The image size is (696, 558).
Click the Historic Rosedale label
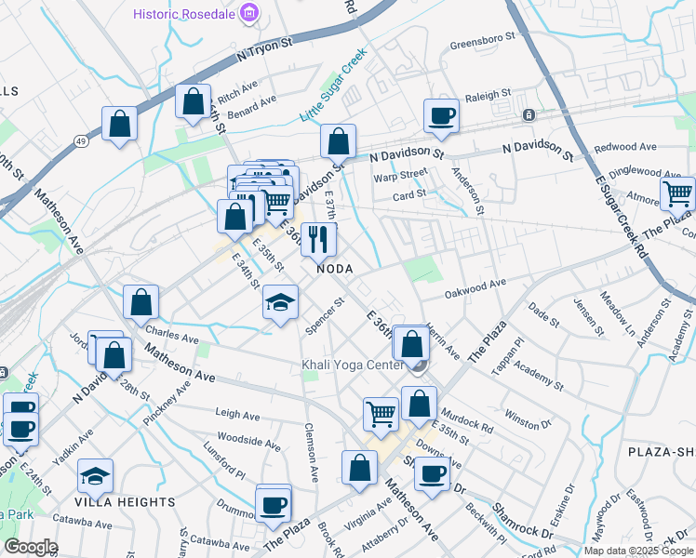tap(185, 14)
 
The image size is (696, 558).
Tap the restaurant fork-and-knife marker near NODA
tap(319, 239)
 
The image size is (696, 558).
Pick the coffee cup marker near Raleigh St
tap(441, 116)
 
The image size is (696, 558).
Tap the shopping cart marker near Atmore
tap(677, 194)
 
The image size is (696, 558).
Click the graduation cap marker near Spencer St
tap(280, 302)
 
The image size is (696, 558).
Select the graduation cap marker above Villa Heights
tap(95, 476)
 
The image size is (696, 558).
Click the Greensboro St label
tap(482, 43)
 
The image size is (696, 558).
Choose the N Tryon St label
tap(264, 48)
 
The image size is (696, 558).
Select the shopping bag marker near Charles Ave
tap(141, 302)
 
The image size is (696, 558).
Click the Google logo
tap(30, 547)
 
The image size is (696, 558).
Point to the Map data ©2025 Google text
tap(638, 551)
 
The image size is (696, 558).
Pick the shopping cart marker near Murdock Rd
tap(381, 413)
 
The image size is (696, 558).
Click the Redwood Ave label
tap(625, 147)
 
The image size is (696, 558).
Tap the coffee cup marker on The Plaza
tap(273, 505)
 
